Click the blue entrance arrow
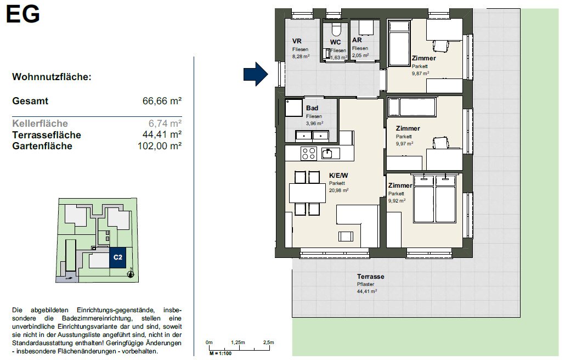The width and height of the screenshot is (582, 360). pos(256,74)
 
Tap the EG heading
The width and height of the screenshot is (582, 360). pos(23,14)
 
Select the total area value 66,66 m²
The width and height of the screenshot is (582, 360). pos(162,101)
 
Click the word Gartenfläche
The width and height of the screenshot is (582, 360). pos(42,146)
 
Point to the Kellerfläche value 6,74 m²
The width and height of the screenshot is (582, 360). pos(165,123)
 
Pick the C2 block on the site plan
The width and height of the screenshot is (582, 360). pos(118,257)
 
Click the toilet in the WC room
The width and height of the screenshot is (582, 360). pos(337,29)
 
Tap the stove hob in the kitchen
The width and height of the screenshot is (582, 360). pos(308,153)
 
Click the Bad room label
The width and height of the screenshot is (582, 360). pos(312,108)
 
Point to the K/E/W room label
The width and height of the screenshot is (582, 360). pos(338,176)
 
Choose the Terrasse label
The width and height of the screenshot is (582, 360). pos(370,277)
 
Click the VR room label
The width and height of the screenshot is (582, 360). pos(297,41)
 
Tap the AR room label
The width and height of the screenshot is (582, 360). pos(357,40)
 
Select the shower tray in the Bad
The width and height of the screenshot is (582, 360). pos(293,108)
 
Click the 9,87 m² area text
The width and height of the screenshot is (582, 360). pos(420,74)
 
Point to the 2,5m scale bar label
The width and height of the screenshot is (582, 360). pos(268,342)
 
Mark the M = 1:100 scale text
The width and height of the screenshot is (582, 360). pos(221,353)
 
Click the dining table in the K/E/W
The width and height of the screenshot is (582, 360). pos(307,193)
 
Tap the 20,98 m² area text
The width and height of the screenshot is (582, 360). pos(338,190)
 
